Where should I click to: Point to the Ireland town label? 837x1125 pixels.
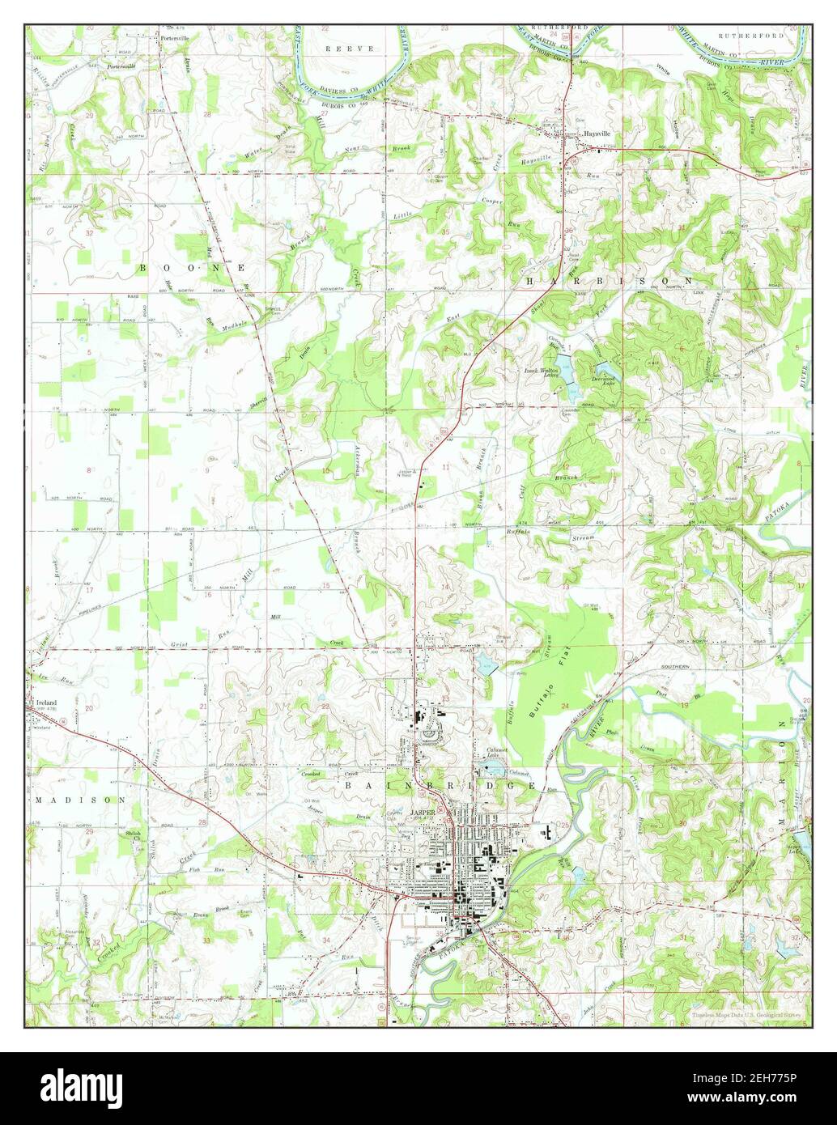point(46,702)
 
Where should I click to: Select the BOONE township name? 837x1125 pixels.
point(193,266)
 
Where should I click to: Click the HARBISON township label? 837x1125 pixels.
point(609,281)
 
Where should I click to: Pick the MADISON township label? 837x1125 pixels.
point(80,799)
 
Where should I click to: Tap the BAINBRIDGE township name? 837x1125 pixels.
point(440,785)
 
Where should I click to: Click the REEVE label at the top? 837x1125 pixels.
point(350,49)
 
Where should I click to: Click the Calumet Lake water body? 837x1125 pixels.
point(491,765)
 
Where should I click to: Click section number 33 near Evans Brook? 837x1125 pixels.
point(207,940)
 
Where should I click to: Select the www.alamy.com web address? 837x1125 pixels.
point(753,1097)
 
